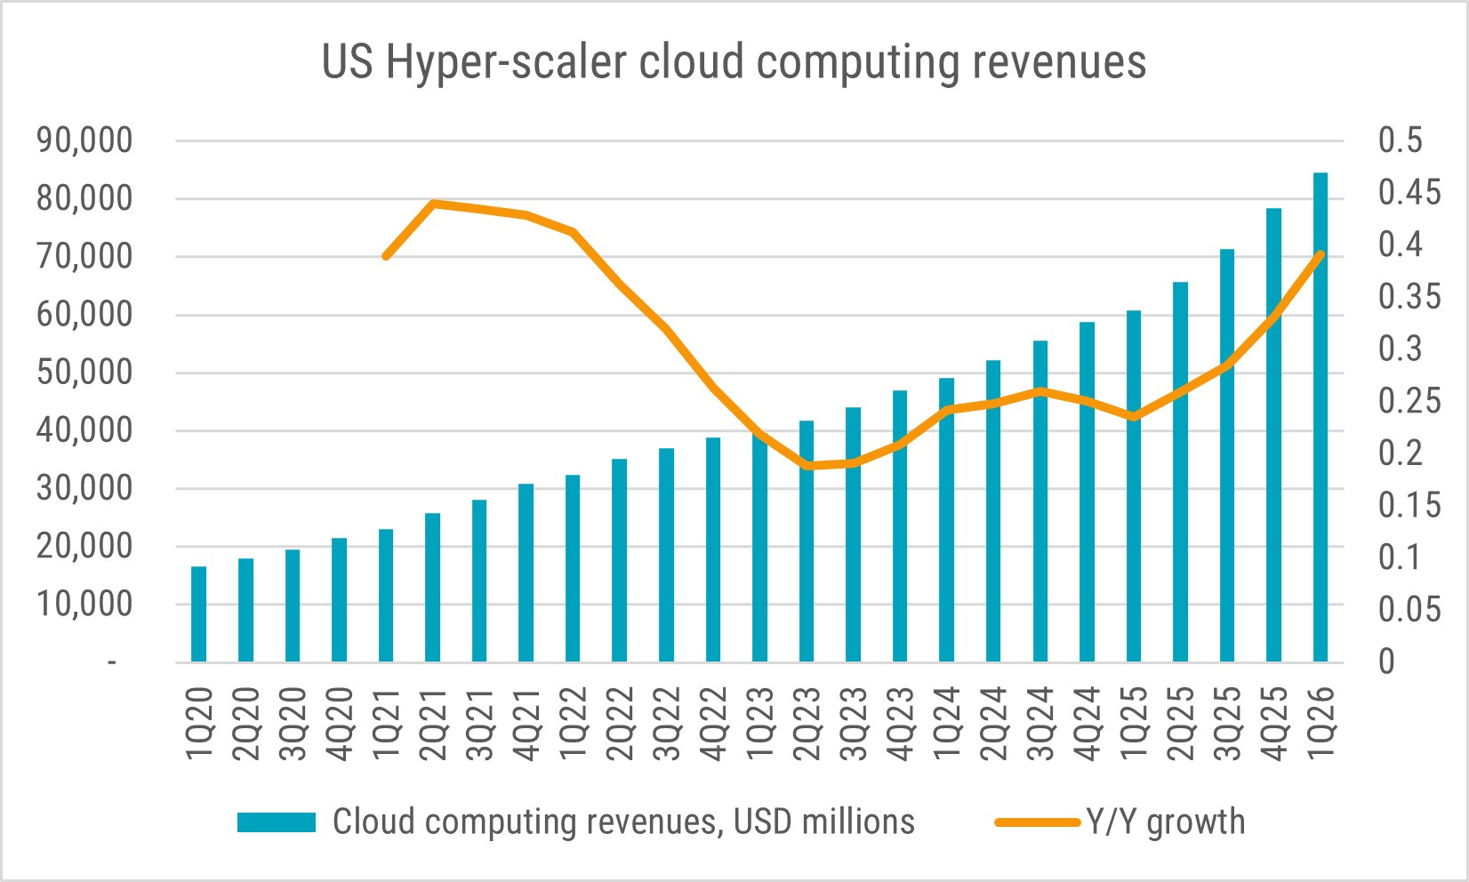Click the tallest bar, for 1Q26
pyautogui.click(x=1320, y=417)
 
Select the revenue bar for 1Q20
pyautogui.click(x=198, y=613)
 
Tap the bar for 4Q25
pyautogui.click(x=1273, y=435)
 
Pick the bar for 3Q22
pyautogui.click(x=666, y=555)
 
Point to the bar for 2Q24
pyautogui.click(x=993, y=511)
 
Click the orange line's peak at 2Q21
pyautogui.click(x=433, y=204)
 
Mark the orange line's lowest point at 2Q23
pyautogui.click(x=807, y=466)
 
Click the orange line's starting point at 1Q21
pyautogui.click(x=386, y=256)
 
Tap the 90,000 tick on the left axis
pyautogui.click(x=84, y=140)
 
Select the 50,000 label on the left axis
pyautogui.click(x=84, y=373)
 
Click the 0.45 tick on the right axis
pyautogui.click(x=1409, y=192)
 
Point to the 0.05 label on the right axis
pyautogui.click(x=1409, y=609)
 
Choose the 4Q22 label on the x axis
pyautogui.click(x=713, y=724)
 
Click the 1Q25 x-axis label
pyautogui.click(x=1134, y=724)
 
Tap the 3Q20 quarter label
pyautogui.click(x=293, y=724)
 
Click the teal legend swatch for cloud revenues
pyautogui.click(x=276, y=822)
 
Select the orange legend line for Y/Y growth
pyautogui.click(x=1037, y=822)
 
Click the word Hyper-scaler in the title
pyautogui.click(x=506, y=63)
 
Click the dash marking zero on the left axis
pyautogui.click(x=112, y=663)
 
